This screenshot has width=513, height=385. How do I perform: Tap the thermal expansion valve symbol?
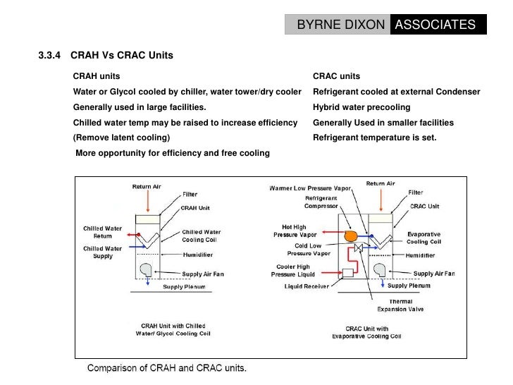[x=359, y=248]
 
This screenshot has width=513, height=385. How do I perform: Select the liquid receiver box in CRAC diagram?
[x=347, y=272]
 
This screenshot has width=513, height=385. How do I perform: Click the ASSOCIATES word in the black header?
[x=435, y=25]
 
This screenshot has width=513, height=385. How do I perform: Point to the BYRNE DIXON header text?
[x=340, y=25]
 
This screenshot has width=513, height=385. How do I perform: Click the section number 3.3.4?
[x=49, y=56]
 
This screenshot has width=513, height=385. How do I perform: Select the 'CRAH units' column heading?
[x=97, y=76]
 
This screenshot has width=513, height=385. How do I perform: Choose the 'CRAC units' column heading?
[x=336, y=76]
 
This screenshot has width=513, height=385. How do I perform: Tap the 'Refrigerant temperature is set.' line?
[x=374, y=138]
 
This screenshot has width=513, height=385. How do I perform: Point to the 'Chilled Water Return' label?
[x=103, y=232]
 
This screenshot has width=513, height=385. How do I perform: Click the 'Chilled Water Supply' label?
[x=103, y=252]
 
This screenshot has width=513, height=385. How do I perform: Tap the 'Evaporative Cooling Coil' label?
[x=424, y=237]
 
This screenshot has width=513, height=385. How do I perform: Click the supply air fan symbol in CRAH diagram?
[x=147, y=270]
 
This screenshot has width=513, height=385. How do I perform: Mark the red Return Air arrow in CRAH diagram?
[x=147, y=200]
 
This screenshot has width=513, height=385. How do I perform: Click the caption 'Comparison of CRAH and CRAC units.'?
[x=167, y=367]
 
